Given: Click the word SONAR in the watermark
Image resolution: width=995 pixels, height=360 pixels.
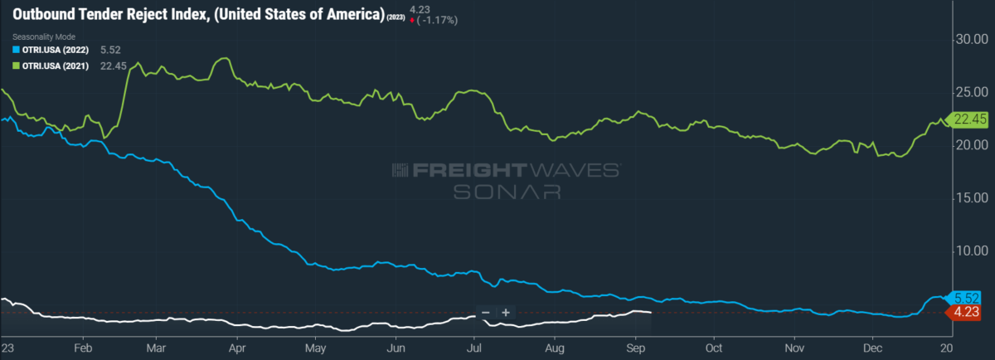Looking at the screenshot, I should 507,191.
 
